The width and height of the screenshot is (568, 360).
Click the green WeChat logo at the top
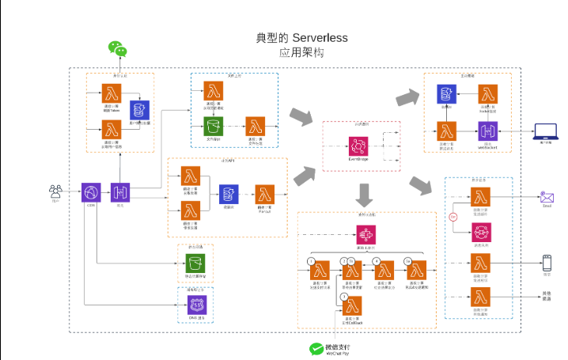117,49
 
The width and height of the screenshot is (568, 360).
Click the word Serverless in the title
320,38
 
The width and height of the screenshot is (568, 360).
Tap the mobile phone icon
546,263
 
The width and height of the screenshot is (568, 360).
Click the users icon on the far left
55,191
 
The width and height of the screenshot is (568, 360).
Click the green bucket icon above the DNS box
193,263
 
